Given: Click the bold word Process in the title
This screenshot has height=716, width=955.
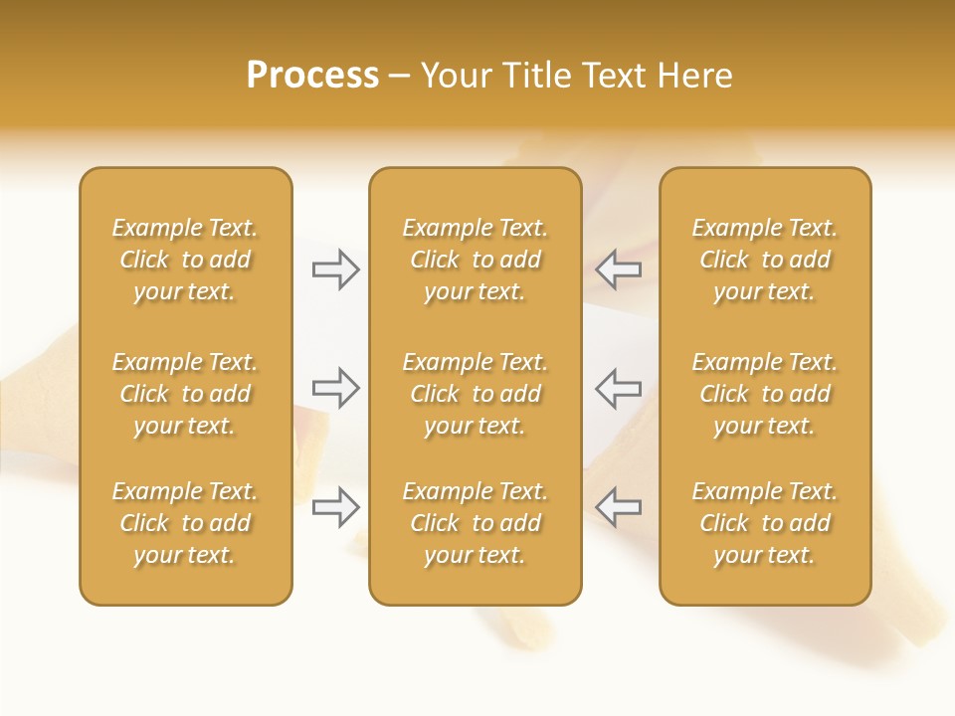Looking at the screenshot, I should pos(312,76).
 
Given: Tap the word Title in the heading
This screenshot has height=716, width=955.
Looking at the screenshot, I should pos(537,76).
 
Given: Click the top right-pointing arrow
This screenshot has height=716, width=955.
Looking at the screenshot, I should pos(336,269).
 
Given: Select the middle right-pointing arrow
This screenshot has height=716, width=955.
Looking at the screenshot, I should pos(336,388).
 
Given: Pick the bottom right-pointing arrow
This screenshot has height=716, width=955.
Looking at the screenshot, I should pos(336,507).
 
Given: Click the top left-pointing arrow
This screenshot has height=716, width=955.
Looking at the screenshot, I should pos(619,269).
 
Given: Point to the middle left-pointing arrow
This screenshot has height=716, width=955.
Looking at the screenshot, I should pos(619,388).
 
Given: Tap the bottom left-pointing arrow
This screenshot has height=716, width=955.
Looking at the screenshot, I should pos(619,507).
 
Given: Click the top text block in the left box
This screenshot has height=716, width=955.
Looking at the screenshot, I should pos(185,260).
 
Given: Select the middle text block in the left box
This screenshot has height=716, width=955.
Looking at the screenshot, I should pos(185,394).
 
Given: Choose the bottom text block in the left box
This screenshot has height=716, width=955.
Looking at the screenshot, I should pos(185,523).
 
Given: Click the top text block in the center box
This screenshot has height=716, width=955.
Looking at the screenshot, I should pos(475,260).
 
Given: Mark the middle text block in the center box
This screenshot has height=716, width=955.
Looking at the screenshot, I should pos(475,394).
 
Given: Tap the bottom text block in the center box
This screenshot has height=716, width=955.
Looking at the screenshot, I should pos(475,523).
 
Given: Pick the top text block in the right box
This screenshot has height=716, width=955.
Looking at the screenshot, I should pos(765,260).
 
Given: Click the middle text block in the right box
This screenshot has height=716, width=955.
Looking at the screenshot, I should pos(765,394).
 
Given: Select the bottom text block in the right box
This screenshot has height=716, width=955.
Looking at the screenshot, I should pos(765,523).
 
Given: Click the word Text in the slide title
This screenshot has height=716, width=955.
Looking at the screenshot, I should pos(614,76).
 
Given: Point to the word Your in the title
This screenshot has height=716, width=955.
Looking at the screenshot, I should pos(457,76).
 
